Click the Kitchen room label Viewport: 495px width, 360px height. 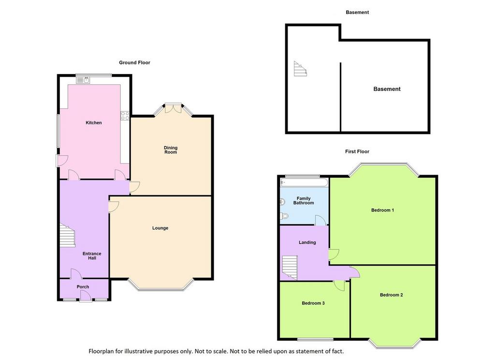(x=94, y=122)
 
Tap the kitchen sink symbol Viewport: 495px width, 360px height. (x=83, y=80)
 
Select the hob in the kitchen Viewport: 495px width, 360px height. (x=125, y=116)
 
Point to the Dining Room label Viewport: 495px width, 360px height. (x=171, y=150)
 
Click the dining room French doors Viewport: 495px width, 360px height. (x=173, y=108)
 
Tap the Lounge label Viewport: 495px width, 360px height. (x=160, y=228)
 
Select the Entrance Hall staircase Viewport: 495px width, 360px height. (x=68, y=235)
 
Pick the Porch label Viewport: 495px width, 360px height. (x=83, y=286)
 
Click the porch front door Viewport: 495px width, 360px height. (x=85, y=296)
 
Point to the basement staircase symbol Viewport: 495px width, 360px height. (x=300, y=69)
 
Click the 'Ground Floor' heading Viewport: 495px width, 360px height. (x=134, y=62)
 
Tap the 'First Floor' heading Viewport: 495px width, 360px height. (x=357, y=151)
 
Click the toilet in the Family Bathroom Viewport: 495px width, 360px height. (x=284, y=216)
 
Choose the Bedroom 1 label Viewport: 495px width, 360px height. (x=383, y=210)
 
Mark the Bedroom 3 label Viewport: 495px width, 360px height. (x=313, y=303)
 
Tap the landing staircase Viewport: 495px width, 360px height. (x=290, y=268)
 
